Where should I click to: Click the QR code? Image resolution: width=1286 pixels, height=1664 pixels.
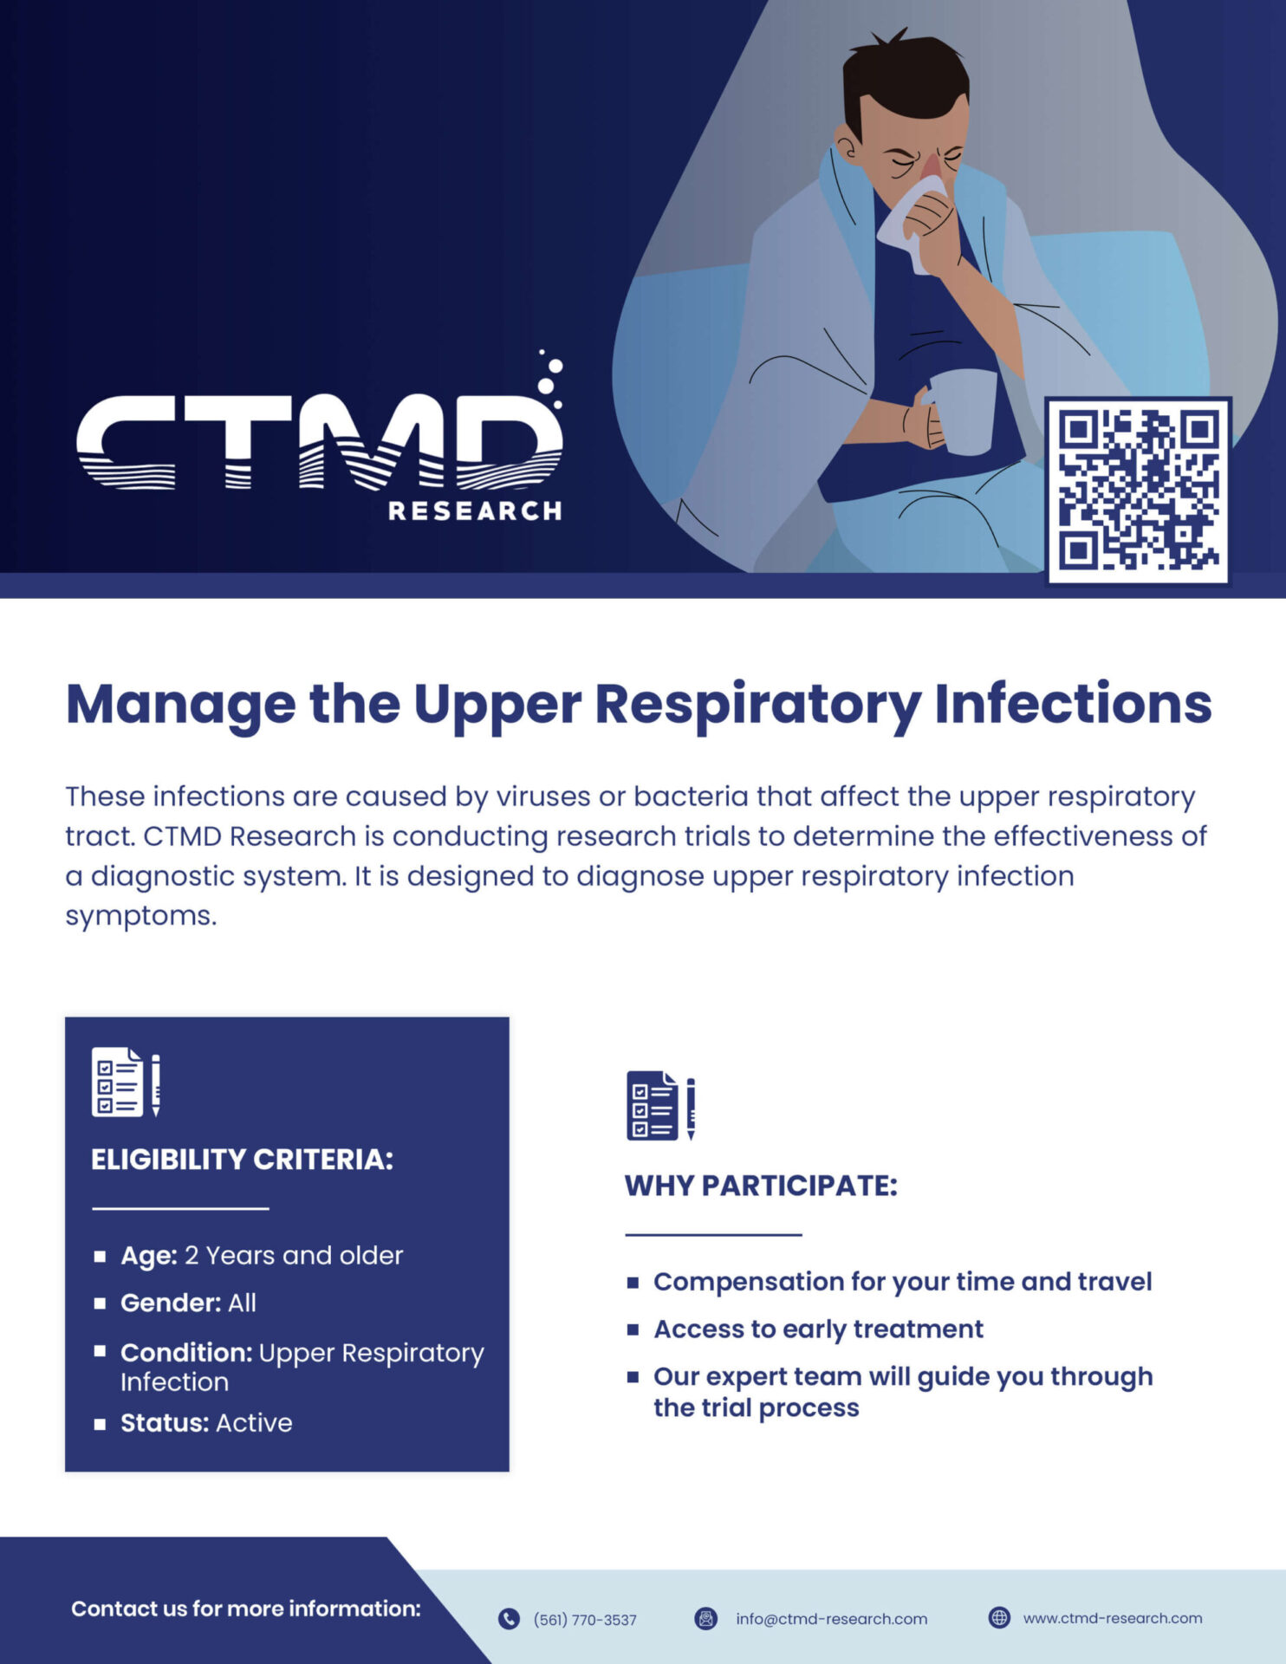tap(1138, 491)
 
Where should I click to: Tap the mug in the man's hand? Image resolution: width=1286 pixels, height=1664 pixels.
tap(964, 411)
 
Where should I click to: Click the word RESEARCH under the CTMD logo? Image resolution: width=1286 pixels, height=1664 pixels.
tap(475, 511)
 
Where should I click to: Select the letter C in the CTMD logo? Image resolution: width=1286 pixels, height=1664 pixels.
tap(126, 442)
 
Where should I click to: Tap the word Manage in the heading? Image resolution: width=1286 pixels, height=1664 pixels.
tap(180, 704)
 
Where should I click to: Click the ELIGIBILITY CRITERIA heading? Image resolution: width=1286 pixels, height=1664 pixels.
tap(242, 1160)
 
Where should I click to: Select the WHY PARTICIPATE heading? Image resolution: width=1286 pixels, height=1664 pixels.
tap(761, 1186)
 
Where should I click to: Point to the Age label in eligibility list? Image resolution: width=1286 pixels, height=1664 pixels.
tap(148, 1256)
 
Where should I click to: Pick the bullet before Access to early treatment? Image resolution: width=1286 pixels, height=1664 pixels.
tap(633, 1329)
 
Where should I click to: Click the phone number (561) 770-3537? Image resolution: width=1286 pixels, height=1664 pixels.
tap(585, 1620)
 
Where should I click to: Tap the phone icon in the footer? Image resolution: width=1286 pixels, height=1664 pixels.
tap(509, 1619)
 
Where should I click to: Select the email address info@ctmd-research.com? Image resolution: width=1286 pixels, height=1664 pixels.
tap(831, 1619)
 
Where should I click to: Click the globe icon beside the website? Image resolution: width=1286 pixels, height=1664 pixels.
tap(999, 1618)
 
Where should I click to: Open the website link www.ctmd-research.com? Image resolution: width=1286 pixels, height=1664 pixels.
tap(1113, 1618)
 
